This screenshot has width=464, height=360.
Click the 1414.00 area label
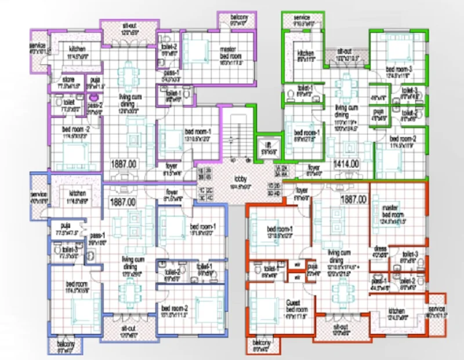[x=347, y=164]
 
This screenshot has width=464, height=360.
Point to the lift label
[x=269, y=146]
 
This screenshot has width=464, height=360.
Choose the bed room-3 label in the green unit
[x=398, y=71]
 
